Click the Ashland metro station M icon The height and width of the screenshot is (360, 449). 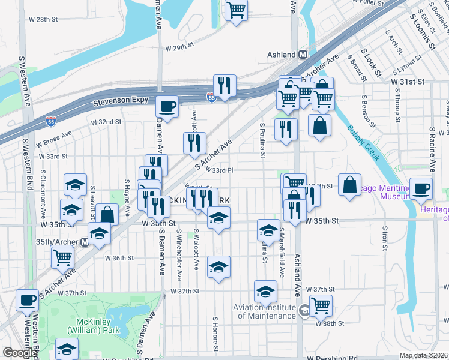pyautogui.click(x=303, y=55)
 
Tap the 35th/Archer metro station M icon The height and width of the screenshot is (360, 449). pyautogui.click(x=85, y=242)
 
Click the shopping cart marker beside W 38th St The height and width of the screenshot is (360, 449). pyautogui.click(x=321, y=305)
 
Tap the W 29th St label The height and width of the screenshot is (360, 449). pyautogui.click(x=180, y=46)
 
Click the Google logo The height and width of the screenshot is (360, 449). pyautogui.click(x=19, y=353)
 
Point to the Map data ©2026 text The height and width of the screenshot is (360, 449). pyautogui.click(x=423, y=355)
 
